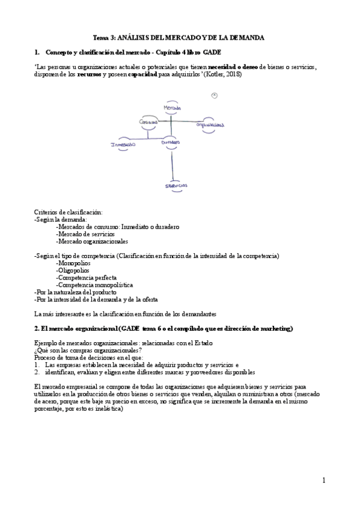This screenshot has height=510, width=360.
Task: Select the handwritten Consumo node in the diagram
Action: [148, 122]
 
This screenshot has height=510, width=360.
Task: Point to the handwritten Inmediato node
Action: [123, 144]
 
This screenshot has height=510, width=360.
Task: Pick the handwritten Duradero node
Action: [171, 143]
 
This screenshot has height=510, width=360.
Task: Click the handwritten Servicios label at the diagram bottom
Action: [177, 186]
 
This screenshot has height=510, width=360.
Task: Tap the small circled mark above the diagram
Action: [215, 95]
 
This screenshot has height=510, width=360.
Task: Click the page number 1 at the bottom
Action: [323, 480]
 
